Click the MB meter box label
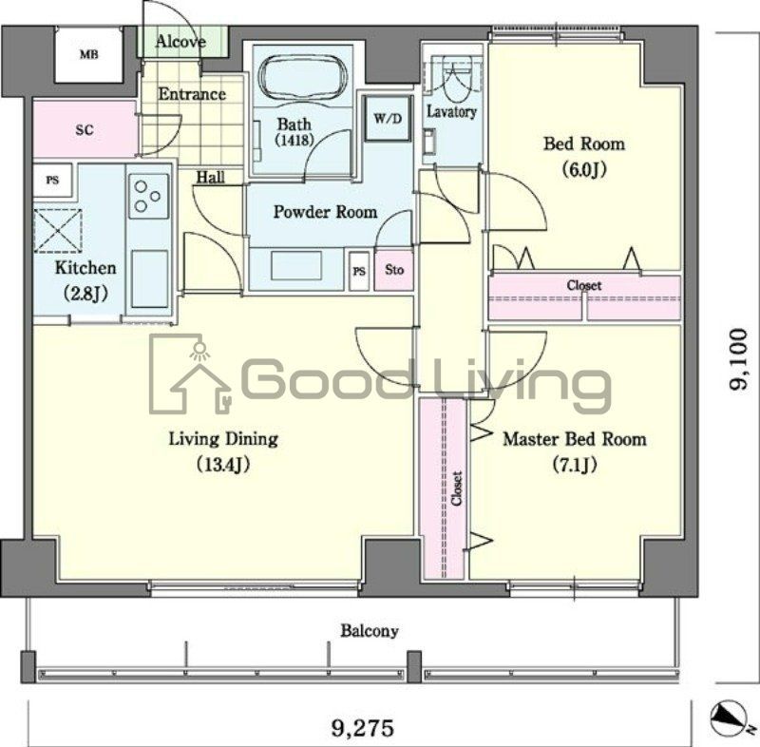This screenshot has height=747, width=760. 88,54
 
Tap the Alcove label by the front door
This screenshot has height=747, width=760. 180,42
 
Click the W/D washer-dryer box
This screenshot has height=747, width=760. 389,118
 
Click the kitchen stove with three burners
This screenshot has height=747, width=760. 149,196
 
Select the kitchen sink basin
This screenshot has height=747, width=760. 149,279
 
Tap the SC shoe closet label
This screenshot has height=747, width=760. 85,130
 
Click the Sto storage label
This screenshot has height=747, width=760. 394,270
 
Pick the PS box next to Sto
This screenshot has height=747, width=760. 359,271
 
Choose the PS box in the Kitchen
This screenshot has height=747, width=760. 53,181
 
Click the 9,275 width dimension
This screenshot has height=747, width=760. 363,728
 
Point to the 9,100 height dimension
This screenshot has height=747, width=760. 740,359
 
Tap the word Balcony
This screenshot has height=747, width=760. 370,631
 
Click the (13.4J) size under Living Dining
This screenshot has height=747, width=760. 223,465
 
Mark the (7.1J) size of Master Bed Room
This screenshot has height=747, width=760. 575,465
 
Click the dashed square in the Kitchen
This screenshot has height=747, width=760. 58,231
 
